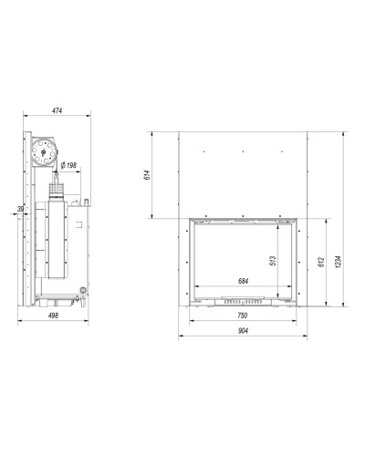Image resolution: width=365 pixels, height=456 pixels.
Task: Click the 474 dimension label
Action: click(x=57, y=110)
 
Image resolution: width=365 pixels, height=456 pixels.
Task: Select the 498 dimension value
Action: click(x=53, y=316)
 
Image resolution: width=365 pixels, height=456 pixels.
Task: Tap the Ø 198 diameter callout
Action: click(x=68, y=166)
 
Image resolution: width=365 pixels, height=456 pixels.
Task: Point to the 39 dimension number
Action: click(x=20, y=209)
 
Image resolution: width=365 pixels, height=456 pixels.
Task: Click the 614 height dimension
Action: click(x=147, y=175)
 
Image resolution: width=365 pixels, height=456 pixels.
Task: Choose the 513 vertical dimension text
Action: click(x=273, y=261)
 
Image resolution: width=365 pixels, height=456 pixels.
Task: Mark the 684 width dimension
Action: click(x=243, y=281)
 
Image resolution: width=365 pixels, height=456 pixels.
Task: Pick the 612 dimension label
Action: click(x=321, y=263)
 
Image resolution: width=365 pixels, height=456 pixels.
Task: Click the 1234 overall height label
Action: click(x=339, y=262)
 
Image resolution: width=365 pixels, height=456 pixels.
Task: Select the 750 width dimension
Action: click(x=243, y=316)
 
